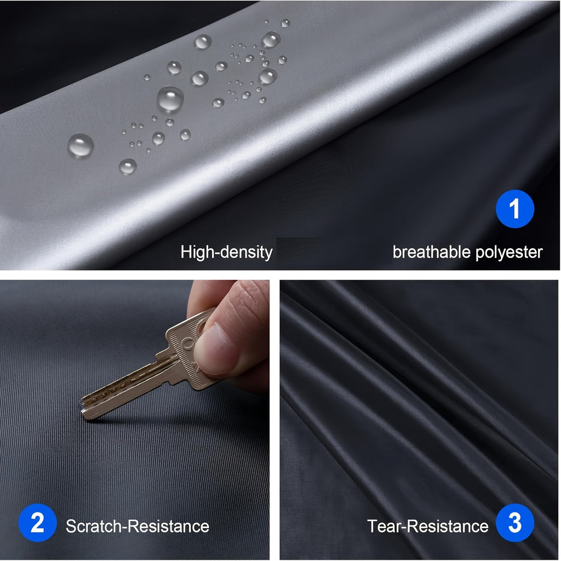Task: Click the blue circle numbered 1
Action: tap(514, 209)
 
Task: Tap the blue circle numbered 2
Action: tap(37, 523)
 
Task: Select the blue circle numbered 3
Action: tap(514, 523)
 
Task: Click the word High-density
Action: tap(226, 252)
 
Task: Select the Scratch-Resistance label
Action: tap(138, 526)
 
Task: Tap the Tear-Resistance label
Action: tap(428, 526)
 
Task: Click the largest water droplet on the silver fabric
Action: tap(170, 100)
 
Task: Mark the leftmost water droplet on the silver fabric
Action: tap(81, 146)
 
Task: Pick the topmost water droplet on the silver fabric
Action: tap(285, 23)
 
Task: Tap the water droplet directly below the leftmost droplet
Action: tap(128, 167)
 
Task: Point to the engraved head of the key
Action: tap(186, 351)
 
